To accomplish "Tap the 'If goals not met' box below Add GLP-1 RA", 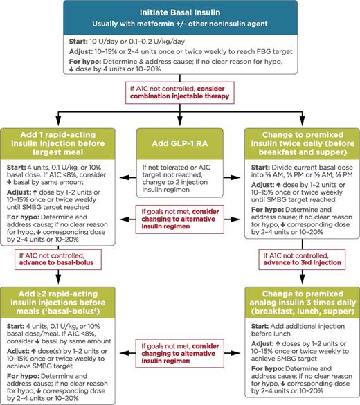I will [x=180, y=212].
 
